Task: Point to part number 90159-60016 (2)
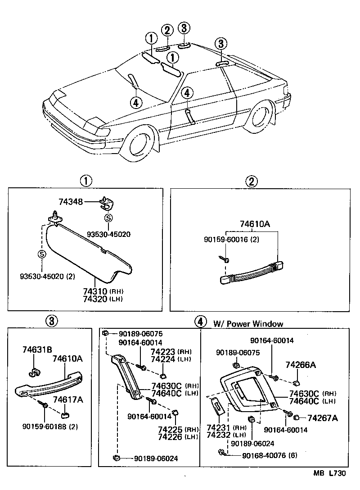coord(230,239)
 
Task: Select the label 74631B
coord(37,349)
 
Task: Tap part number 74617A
coord(68,399)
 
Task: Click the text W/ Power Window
coord(248,323)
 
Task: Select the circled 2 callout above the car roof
coord(167,31)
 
